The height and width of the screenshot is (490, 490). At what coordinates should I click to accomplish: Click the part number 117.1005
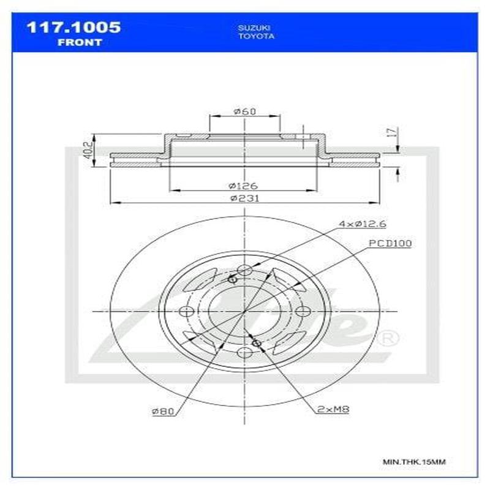tap(72, 28)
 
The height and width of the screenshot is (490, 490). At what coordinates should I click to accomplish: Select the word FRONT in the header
tap(80, 42)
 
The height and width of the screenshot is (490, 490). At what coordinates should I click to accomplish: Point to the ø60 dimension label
tap(244, 111)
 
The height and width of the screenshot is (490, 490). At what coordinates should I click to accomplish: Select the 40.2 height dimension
tap(87, 150)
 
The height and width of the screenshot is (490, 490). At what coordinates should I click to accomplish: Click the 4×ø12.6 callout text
tap(363, 224)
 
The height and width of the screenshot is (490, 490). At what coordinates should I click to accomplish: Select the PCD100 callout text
tap(390, 243)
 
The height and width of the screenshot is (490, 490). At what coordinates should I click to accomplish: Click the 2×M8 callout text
tap(333, 410)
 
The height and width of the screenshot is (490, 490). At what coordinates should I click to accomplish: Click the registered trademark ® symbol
tap(390, 337)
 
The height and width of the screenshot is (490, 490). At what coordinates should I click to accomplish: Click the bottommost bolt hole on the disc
tap(244, 352)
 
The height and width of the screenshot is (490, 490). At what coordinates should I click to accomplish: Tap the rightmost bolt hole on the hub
tap(303, 311)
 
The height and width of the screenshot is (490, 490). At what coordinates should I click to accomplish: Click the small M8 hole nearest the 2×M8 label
tap(257, 343)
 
